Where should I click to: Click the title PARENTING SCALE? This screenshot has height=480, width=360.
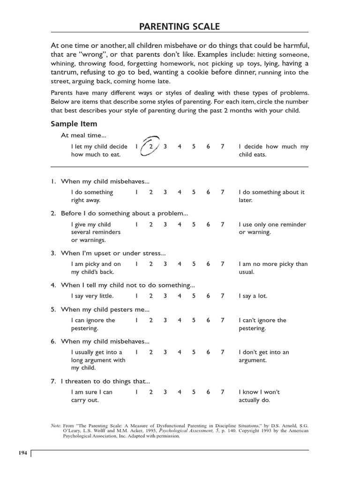[180, 26]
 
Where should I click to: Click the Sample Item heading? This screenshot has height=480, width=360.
[74, 124]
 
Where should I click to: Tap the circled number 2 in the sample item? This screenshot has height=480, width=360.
[151, 147]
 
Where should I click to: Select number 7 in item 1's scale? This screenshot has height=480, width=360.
[223, 192]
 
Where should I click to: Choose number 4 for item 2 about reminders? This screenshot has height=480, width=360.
[180, 225]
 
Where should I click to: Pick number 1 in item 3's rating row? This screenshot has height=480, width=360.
[136, 264]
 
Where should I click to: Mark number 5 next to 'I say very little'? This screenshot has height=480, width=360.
[194, 296]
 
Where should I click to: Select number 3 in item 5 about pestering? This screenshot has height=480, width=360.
[165, 321]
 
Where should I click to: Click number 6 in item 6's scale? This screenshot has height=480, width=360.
[208, 352]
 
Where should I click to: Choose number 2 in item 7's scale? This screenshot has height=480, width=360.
[151, 392]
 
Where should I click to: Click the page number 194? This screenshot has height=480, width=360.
[22, 453]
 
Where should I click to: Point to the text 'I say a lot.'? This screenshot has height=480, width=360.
[253, 296]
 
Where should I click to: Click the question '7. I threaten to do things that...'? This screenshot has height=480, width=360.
[100, 381]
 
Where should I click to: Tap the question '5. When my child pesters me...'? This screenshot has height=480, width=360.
[100, 309]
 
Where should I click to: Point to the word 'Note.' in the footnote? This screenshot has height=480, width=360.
[56, 426]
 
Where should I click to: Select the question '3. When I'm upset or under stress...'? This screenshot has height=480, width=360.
[108, 253]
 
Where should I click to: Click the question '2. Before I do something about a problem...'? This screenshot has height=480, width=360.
[119, 213]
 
